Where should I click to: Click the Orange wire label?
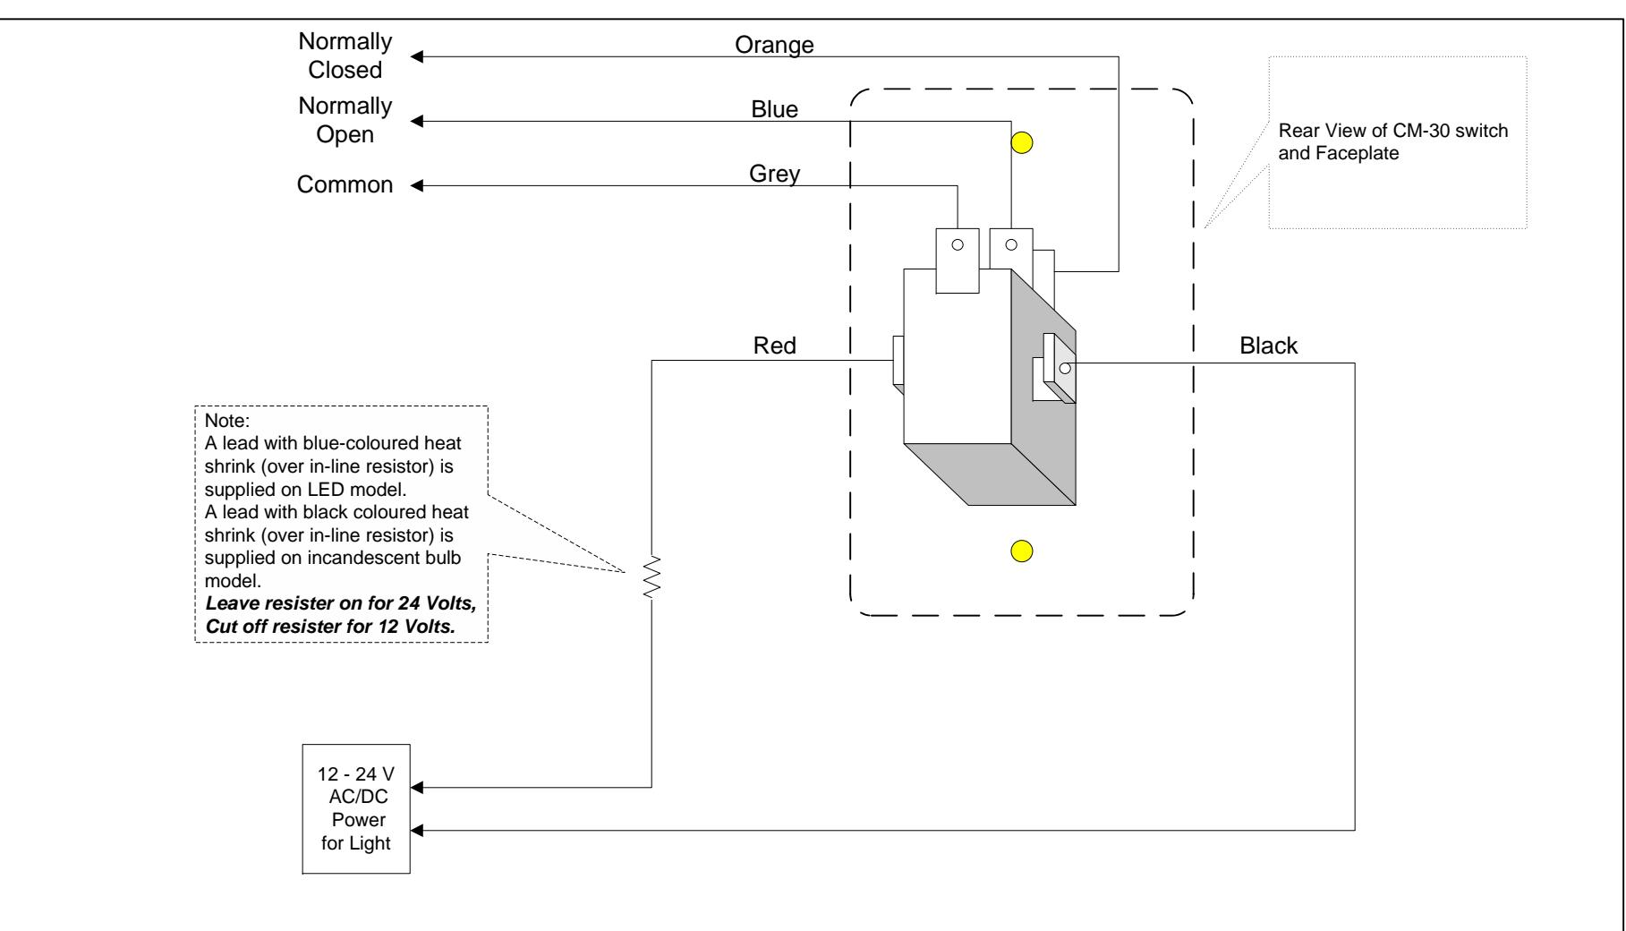coord(774,45)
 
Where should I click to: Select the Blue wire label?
coord(774,109)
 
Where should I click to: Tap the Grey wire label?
coord(774,175)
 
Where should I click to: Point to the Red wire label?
coord(775,346)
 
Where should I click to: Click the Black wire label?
coord(1269,346)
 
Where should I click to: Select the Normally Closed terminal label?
coord(345,56)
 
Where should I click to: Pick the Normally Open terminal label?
coord(345,120)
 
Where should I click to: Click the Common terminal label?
coord(345,185)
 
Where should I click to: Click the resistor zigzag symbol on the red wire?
coord(652,577)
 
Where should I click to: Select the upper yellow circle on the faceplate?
coord(1022,143)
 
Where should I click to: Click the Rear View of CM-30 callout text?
coord(1394,140)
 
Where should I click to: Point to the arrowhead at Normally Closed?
coord(418,57)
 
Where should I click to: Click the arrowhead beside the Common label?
coord(418,186)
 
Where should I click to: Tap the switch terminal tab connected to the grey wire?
coord(958,261)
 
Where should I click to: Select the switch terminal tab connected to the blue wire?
coord(1011,249)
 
